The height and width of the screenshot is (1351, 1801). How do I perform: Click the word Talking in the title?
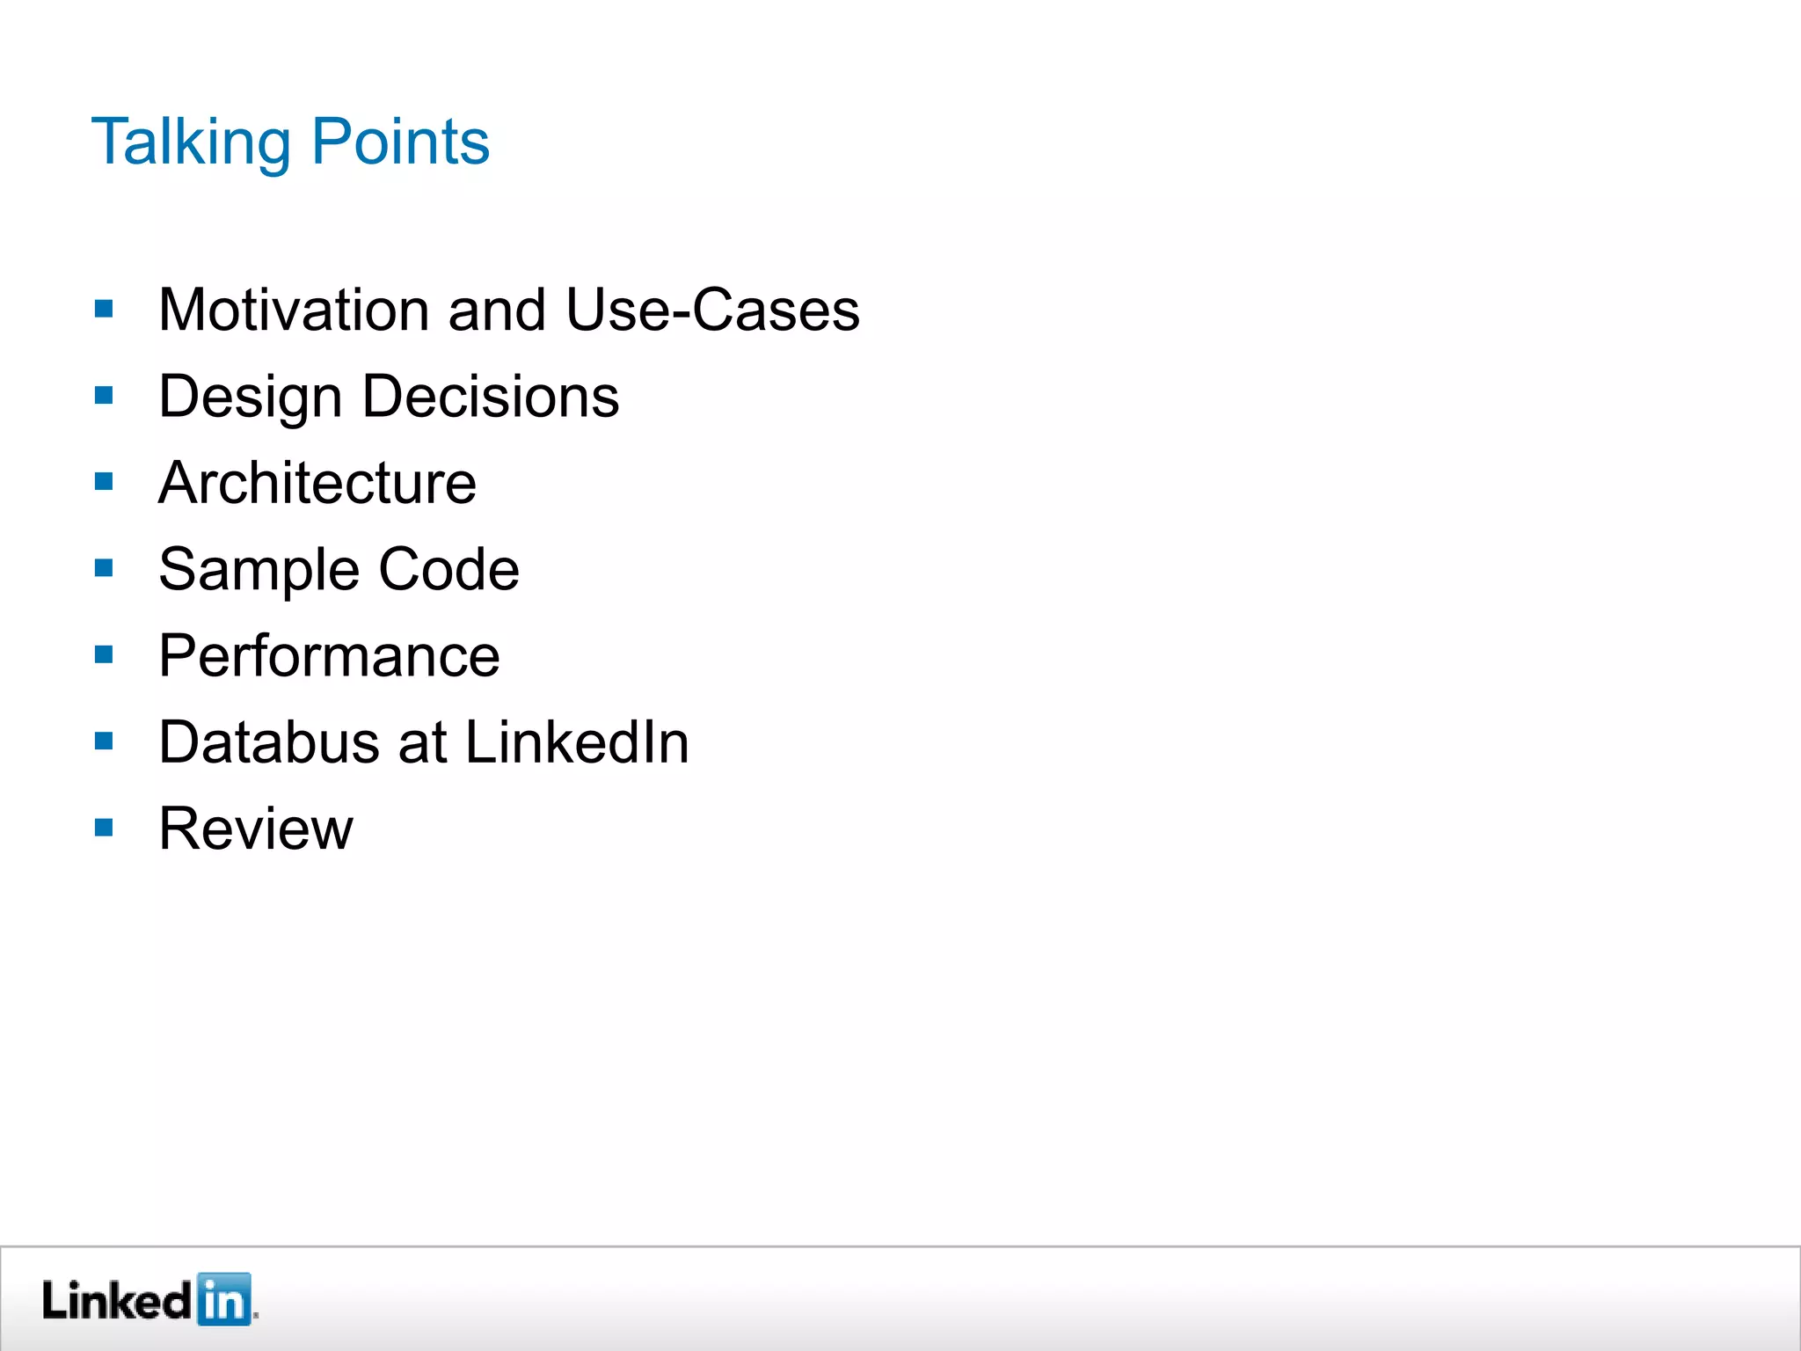191,142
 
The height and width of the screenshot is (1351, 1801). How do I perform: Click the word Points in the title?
400,142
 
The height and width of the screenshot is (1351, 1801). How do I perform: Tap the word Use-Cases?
712,310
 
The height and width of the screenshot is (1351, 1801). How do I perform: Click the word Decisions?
491,397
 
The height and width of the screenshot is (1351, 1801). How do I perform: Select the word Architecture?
317,484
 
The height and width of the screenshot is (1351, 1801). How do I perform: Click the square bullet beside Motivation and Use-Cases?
104,309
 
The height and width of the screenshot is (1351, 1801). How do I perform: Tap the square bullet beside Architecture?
104,482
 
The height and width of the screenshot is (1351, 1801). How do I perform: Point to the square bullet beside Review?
104,828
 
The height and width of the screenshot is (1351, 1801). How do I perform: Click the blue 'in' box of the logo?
223,1299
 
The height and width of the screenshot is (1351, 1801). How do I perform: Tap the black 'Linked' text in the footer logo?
116,1300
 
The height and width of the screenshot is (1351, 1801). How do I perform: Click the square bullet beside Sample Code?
104,568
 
